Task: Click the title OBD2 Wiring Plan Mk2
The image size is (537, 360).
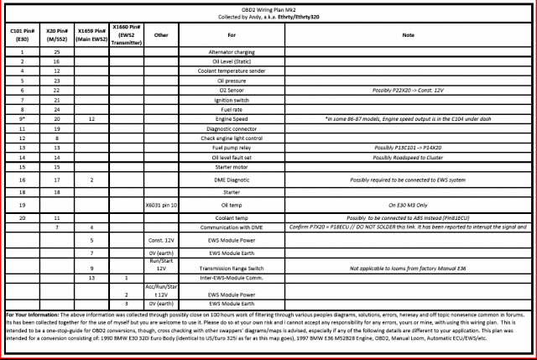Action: pyautogui.click(x=268, y=9)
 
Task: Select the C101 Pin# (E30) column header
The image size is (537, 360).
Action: pyautogui.click(x=23, y=35)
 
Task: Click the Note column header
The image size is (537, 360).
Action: pyautogui.click(x=409, y=35)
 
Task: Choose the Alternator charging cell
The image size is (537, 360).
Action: pyautogui.click(x=231, y=53)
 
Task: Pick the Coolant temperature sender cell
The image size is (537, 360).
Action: pyautogui.click(x=231, y=71)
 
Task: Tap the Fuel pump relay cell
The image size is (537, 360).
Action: pyautogui.click(x=231, y=146)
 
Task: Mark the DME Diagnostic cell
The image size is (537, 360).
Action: pyautogui.click(x=231, y=180)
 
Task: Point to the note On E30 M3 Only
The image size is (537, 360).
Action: pyautogui.click(x=409, y=204)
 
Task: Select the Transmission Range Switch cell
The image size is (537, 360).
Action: pyautogui.click(x=231, y=268)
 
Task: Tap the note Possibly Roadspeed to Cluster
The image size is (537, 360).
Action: pyautogui.click(x=409, y=155)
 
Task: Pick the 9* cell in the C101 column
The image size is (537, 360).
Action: pyautogui.click(x=23, y=118)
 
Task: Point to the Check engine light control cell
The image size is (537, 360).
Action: pyautogui.click(x=231, y=137)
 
